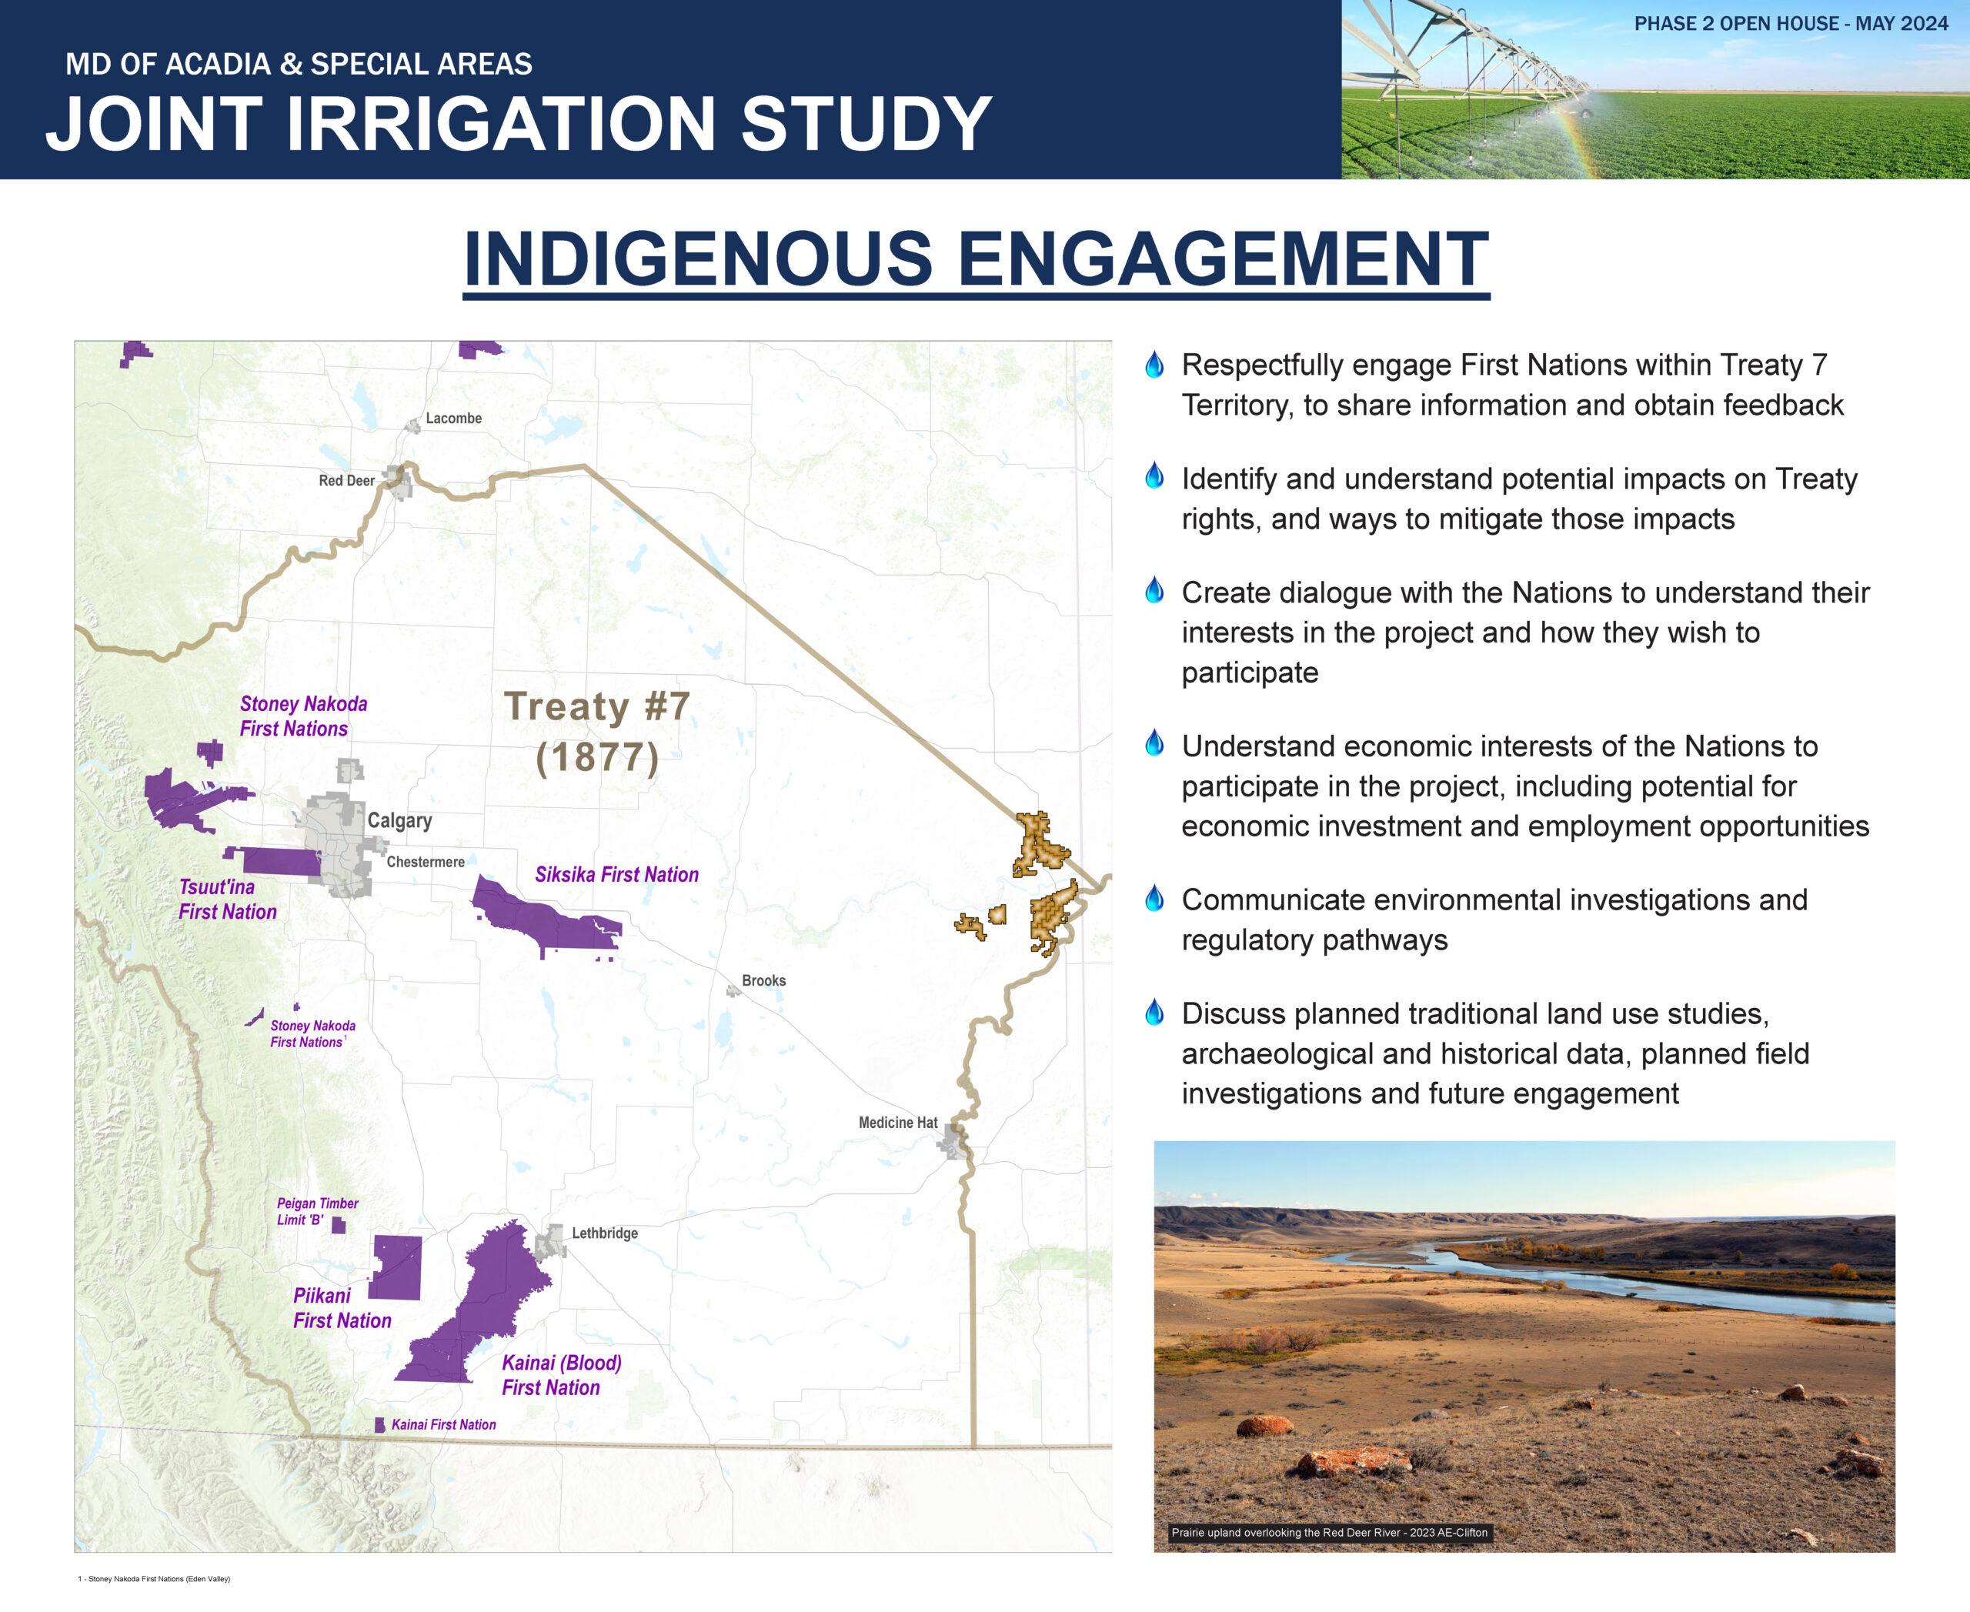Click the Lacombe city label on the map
pos(453,419)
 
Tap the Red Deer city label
pos(346,481)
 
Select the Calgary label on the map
pos(399,821)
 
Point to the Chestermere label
pos(426,863)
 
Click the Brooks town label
pos(763,980)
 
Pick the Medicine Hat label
pos(898,1123)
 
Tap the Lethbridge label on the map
pos(605,1233)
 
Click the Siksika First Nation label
pos(616,875)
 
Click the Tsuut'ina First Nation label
pos(228,899)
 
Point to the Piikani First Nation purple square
pos(395,1267)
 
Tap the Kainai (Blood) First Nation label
pos(561,1375)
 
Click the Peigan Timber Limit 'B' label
pos(317,1212)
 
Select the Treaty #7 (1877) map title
pos(597,732)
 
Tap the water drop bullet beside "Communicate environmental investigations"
pos(1154,898)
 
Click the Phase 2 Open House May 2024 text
pos(1791,24)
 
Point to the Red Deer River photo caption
pos(1329,1533)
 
